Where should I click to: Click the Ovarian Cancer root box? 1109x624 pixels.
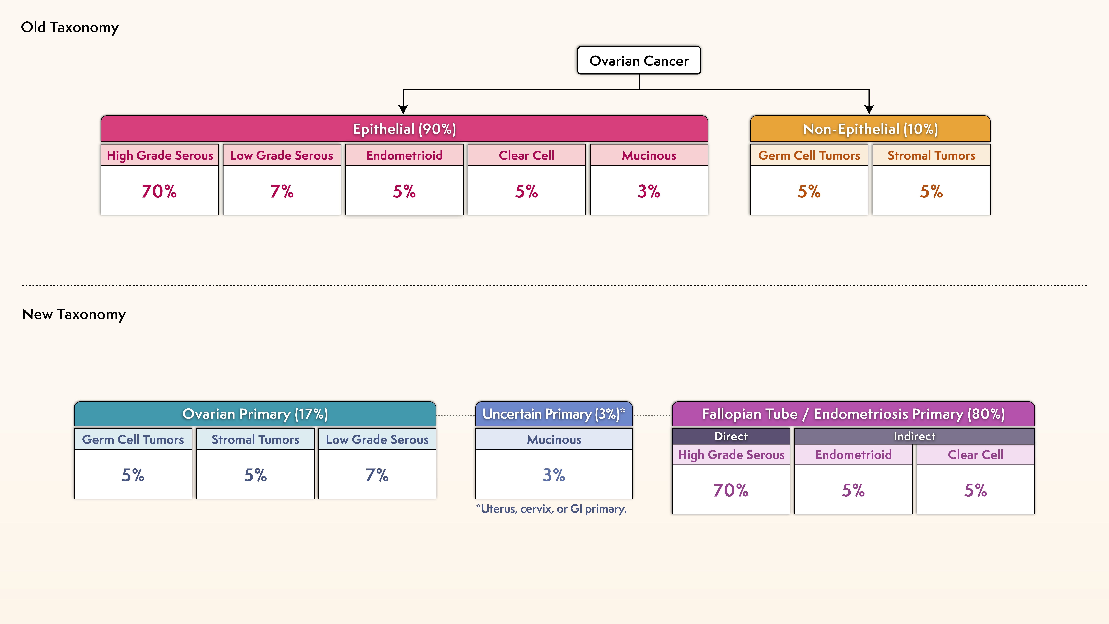[x=639, y=61]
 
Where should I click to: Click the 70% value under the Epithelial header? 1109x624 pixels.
[x=159, y=191]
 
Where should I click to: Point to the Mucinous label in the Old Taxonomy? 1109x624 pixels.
[x=649, y=155]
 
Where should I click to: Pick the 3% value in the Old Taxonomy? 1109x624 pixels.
[x=649, y=191]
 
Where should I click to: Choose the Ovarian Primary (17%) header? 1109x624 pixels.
[x=255, y=414]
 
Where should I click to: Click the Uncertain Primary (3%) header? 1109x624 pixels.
[x=554, y=414]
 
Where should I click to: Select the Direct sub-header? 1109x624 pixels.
[x=731, y=436]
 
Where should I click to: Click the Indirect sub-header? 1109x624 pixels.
[x=914, y=436]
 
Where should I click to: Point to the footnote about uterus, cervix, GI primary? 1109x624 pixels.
[x=552, y=509]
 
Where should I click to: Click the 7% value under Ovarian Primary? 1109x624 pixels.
[x=377, y=475]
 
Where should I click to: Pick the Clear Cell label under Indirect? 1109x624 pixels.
[x=976, y=455]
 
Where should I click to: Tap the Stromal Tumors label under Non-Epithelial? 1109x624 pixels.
[x=931, y=155]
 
